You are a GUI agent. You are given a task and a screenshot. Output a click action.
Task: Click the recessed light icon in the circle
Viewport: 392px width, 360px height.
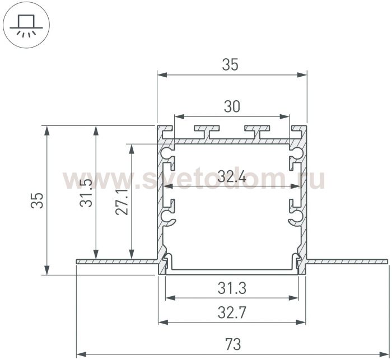(26, 26)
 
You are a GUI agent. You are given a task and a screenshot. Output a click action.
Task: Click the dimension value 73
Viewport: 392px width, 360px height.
(233, 344)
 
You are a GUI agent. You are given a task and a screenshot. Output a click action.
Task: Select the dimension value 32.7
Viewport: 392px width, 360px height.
(232, 312)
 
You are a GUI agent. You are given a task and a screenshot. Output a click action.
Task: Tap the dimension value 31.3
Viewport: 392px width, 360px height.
(232, 288)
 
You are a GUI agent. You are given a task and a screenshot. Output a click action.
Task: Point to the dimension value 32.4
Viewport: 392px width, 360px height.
(232, 176)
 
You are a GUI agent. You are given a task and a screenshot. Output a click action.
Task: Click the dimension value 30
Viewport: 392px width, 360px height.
(232, 106)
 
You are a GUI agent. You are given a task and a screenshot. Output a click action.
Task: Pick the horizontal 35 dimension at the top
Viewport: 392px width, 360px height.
(230, 64)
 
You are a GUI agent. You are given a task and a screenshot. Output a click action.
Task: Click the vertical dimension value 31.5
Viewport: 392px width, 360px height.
(86, 193)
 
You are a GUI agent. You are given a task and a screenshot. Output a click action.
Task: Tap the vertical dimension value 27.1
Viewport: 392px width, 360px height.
(122, 202)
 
